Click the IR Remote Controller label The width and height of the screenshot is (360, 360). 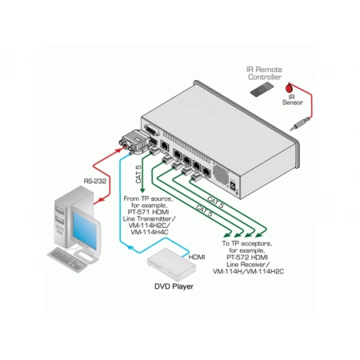(265, 74)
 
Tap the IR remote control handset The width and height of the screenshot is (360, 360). (262, 90)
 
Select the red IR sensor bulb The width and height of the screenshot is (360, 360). (289, 87)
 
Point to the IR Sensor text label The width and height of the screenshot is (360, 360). (292, 99)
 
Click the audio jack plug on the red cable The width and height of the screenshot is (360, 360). (300, 124)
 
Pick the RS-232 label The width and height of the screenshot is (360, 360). (95, 182)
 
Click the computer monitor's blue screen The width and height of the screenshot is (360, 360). (85, 230)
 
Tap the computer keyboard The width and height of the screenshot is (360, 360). (68, 259)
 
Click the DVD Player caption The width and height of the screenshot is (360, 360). (174, 286)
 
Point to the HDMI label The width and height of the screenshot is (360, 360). (197, 258)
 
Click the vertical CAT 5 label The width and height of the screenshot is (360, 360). (138, 174)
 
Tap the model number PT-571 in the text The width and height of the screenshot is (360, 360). (139, 212)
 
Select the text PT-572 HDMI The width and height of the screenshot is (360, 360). (247, 258)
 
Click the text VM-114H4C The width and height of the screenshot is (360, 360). (150, 232)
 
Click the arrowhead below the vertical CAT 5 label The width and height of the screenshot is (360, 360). (142, 190)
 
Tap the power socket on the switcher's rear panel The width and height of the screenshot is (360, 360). (233, 186)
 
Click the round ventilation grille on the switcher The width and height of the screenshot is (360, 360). (221, 174)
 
